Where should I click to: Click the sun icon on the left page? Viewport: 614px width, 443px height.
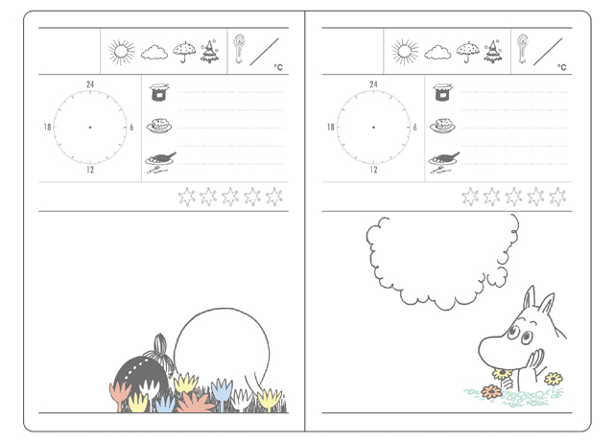pyautogui.click(x=122, y=52)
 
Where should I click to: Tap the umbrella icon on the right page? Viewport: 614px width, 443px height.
pyautogui.click(x=467, y=52)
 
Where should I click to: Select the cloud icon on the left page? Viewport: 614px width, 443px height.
pyautogui.click(x=154, y=53)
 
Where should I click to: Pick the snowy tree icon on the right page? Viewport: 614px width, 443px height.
pyautogui.click(x=493, y=51)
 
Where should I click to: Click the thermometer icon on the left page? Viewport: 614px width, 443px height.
pyautogui.click(x=239, y=49)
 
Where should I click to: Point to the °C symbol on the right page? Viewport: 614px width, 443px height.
pyautogui.click(x=562, y=67)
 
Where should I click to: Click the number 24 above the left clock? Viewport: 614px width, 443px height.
pyautogui.click(x=90, y=84)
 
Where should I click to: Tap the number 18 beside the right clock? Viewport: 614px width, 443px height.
pyautogui.click(x=331, y=128)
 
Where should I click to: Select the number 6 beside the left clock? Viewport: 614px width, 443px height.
pyautogui.click(x=131, y=128)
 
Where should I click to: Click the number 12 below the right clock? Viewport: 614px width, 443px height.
pyautogui.click(x=373, y=170)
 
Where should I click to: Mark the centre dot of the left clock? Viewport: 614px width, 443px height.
pyautogui.click(x=90, y=128)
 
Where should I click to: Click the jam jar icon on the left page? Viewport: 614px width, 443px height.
pyautogui.click(x=159, y=92)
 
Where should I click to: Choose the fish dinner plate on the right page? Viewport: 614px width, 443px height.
pyautogui.click(x=444, y=162)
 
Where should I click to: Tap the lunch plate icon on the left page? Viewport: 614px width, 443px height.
pyautogui.click(x=159, y=126)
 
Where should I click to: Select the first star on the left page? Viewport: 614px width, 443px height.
pyautogui.click(x=187, y=197)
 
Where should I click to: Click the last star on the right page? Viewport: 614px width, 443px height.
pyautogui.click(x=557, y=197)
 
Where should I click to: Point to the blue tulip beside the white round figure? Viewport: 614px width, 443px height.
pyautogui.click(x=222, y=392)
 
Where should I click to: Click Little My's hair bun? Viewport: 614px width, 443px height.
pyautogui.click(x=160, y=343)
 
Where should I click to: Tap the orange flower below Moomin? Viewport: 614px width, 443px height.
pyautogui.click(x=491, y=391)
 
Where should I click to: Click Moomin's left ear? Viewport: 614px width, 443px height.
pyautogui.click(x=530, y=297)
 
